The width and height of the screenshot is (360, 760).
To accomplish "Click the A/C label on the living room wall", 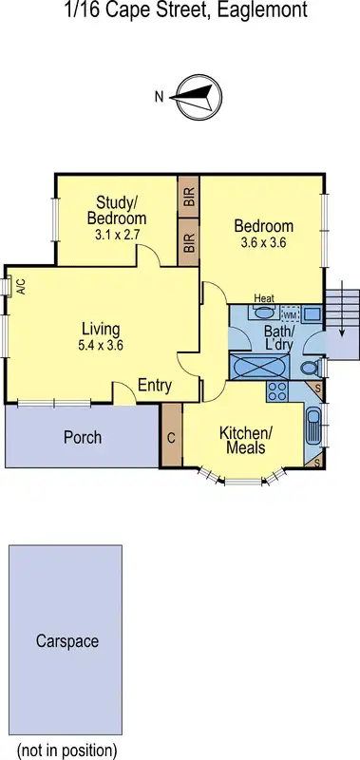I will click(19, 286).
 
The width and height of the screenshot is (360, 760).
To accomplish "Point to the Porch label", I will click(83, 438).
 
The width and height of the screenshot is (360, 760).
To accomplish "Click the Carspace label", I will click(66, 641).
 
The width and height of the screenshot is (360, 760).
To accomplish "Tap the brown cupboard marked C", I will click(171, 439).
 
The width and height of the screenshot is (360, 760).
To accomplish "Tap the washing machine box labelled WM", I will click(290, 313).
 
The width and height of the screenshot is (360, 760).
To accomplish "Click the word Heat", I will click(264, 298).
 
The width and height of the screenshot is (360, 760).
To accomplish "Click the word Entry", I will click(155, 385).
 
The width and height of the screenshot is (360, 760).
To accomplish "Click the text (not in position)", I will click(66, 750).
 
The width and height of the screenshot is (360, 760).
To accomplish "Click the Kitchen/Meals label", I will click(246, 440).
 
